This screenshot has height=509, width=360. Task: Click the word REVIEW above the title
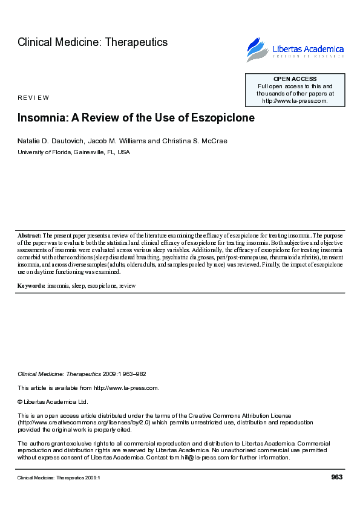(x=33, y=98)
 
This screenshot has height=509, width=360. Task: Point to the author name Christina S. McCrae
(x=194, y=141)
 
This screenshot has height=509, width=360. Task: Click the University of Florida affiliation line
(x=73, y=152)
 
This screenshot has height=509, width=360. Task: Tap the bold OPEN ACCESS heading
(x=295, y=79)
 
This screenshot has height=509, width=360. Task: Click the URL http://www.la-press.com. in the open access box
(x=295, y=101)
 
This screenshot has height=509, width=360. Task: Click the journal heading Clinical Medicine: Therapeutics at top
(x=93, y=42)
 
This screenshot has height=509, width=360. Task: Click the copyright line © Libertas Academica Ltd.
(x=53, y=401)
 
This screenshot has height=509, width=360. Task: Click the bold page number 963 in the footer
(x=337, y=478)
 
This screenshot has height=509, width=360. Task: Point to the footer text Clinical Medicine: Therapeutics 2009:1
(x=58, y=478)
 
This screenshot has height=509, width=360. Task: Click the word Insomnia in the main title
(x=40, y=118)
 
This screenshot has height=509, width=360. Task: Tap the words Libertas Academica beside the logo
(x=309, y=49)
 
